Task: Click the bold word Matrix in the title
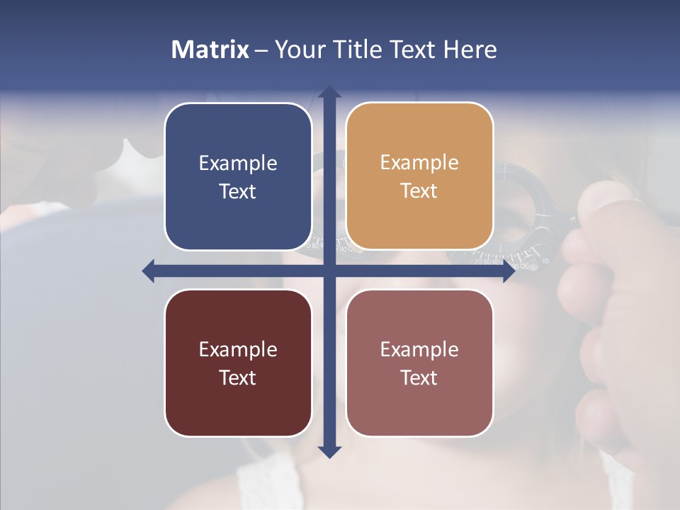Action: click(x=210, y=50)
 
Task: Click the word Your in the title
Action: click(x=298, y=50)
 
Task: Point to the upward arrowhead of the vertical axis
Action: click(x=329, y=91)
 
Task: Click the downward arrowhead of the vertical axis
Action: click(x=329, y=451)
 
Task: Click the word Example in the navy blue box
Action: click(x=238, y=163)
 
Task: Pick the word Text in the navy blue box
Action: click(x=238, y=191)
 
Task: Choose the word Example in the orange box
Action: click(x=419, y=162)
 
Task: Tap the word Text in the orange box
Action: click(x=419, y=191)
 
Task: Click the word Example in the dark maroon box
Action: click(x=238, y=349)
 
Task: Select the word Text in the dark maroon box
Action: click(x=238, y=378)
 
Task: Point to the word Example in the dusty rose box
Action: click(x=419, y=349)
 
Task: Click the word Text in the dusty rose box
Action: click(x=419, y=378)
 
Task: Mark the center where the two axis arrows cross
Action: click(x=329, y=271)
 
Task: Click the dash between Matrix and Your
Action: click(x=261, y=50)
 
